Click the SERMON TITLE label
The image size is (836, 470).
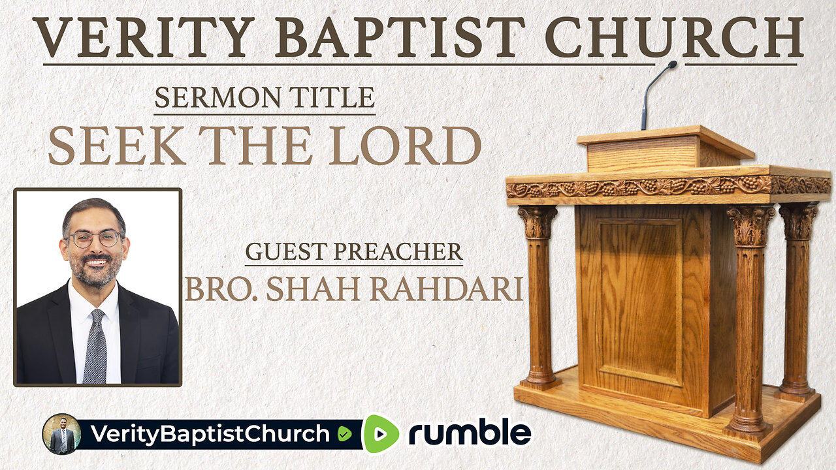265,99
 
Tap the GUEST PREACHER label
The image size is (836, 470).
353,252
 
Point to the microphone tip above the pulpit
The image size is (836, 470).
671,65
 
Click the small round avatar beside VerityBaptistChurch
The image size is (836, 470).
61,434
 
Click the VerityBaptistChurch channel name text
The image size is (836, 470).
209,434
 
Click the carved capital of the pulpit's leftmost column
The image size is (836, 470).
537,222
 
